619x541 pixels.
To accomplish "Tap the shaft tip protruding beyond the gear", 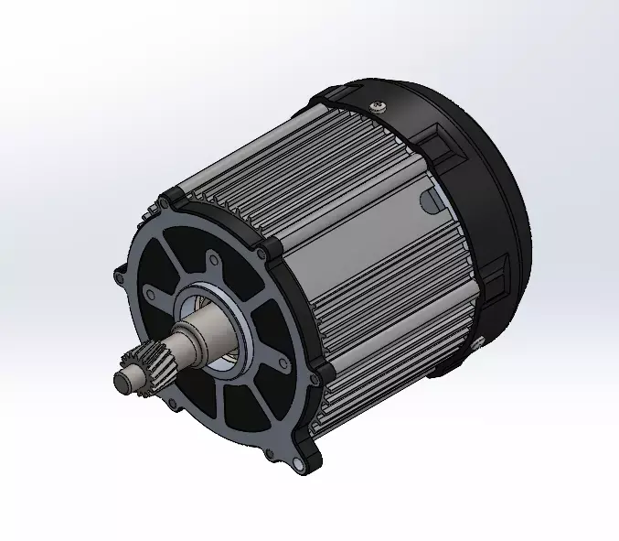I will point(122,377).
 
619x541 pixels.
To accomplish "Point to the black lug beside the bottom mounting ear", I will point(320,373).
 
